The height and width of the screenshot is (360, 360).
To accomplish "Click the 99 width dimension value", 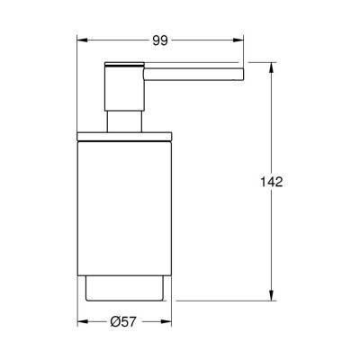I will (159, 40).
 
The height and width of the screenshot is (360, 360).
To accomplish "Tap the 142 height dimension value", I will (272, 182).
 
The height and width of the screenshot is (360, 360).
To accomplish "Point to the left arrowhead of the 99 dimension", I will (79, 40).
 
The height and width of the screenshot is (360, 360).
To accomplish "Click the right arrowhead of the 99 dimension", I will (240, 40).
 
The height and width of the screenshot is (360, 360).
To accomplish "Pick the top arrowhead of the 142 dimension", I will (272, 65).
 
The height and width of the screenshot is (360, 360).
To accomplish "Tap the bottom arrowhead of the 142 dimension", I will (272, 298).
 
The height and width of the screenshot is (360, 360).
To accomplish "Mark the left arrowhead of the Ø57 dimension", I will (79, 322).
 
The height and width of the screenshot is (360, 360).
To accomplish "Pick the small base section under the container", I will (124, 288).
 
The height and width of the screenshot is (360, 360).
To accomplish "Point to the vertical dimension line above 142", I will (272, 117).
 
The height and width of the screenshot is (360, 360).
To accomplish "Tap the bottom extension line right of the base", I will (225, 301).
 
